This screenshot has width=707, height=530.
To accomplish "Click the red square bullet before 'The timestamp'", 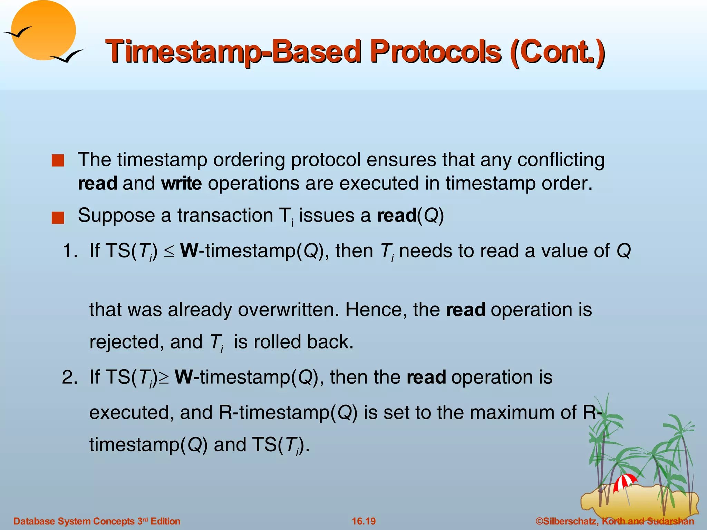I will pyautogui.click(x=58, y=160).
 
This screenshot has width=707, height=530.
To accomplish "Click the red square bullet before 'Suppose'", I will pyautogui.click(x=58, y=218).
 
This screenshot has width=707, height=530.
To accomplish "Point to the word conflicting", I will pyautogui.click(x=561, y=160).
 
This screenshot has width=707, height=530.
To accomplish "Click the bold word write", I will pyautogui.click(x=181, y=183).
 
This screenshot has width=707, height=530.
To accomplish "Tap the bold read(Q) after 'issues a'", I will pyautogui.click(x=410, y=216).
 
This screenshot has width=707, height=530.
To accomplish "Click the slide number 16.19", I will pyautogui.click(x=364, y=521).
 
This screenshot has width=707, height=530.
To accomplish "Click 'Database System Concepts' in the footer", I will pyautogui.click(x=74, y=521).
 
